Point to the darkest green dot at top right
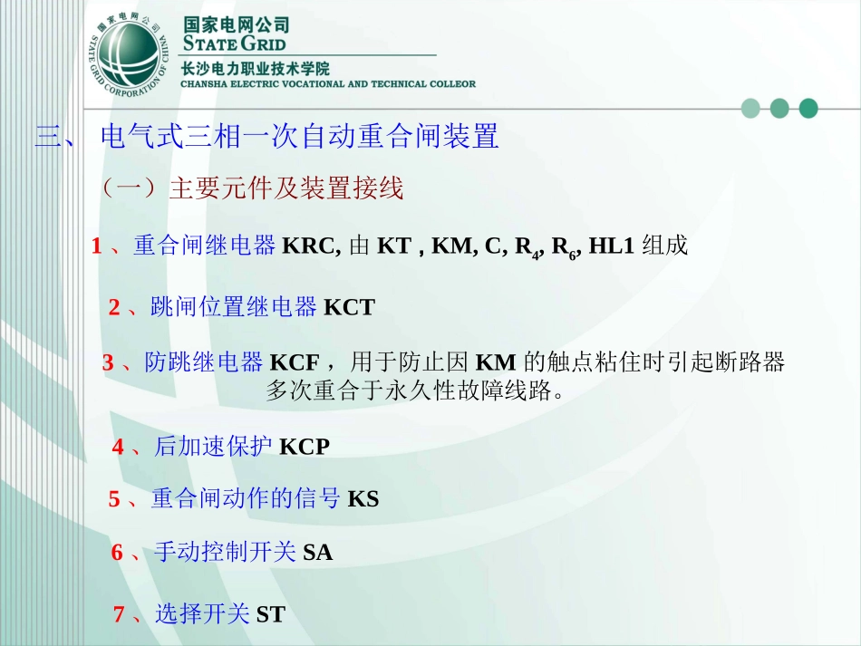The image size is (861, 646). click(808, 109)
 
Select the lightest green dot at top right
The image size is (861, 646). click(750, 109)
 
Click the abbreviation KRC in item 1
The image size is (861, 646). click(311, 246)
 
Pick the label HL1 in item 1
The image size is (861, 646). click(611, 246)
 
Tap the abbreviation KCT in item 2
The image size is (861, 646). click(349, 308)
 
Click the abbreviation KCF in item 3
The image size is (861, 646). click(295, 363)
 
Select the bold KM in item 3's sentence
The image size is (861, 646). click(495, 363)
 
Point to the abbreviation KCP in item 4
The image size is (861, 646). click(305, 447)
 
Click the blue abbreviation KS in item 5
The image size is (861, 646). click(363, 499)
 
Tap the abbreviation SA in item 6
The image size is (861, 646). click(317, 552)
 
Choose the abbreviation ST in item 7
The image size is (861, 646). click(270, 615)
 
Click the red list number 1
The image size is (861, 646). click(96, 246)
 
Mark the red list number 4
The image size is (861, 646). click(118, 447)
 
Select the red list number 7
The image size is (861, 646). click(119, 615)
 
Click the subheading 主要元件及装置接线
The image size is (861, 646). click(285, 188)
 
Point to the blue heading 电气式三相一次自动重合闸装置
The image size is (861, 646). click(300, 138)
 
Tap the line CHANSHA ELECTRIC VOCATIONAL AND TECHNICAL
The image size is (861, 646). click(328, 84)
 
